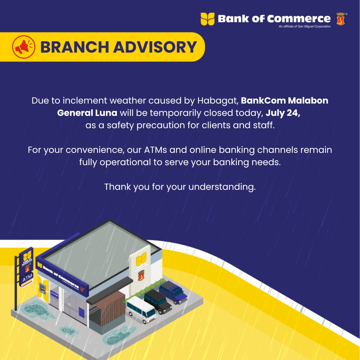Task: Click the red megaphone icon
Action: click(x=24, y=47)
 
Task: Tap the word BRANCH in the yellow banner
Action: click(x=75, y=47)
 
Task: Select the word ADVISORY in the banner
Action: click(x=155, y=47)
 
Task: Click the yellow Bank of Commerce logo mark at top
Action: click(x=207, y=19)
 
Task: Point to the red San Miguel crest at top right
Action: click(x=340, y=19)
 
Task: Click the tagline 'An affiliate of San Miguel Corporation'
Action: click(x=305, y=26)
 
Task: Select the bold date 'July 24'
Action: click(x=282, y=113)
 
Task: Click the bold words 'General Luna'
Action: click(x=87, y=113)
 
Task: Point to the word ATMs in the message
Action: click(x=156, y=150)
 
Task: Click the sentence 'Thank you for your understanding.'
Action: click(x=180, y=187)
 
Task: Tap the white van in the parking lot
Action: click(x=141, y=309)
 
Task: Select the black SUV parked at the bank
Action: click(x=158, y=301)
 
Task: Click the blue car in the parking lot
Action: click(x=174, y=292)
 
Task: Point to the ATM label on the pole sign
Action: click(x=27, y=278)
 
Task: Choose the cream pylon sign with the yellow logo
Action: click(x=141, y=271)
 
